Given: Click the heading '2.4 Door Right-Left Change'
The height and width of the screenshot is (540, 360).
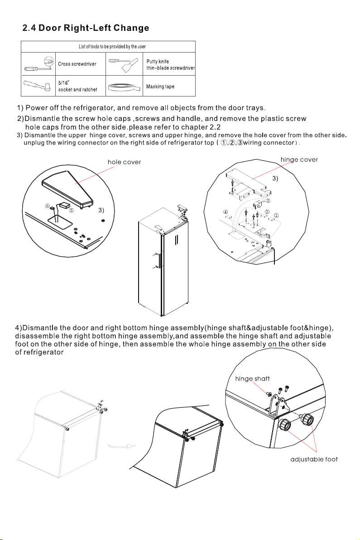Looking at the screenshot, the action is (x=86, y=28).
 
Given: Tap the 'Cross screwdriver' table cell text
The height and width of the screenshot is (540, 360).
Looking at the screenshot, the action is (x=77, y=64).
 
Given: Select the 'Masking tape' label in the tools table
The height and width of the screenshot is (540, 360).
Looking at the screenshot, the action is (x=160, y=87).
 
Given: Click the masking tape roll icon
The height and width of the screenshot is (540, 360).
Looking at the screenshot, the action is (x=124, y=87).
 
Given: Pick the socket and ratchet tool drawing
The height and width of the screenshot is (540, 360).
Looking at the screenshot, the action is (x=38, y=86).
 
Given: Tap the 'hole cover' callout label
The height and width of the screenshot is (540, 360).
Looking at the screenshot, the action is (x=124, y=162).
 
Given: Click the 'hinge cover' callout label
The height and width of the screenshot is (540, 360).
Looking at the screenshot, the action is (x=299, y=160).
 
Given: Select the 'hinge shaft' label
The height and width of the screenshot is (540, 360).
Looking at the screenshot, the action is (x=252, y=379).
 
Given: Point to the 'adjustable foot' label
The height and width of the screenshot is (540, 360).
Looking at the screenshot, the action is (x=314, y=459).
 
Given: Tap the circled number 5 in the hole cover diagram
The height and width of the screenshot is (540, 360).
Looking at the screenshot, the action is (x=71, y=210).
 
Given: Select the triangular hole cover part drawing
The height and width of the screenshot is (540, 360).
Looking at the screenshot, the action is (x=68, y=188).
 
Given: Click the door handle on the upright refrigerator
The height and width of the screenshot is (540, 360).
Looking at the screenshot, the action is (x=176, y=239).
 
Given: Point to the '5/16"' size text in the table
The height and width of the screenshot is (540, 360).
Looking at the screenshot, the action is (x=64, y=82).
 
